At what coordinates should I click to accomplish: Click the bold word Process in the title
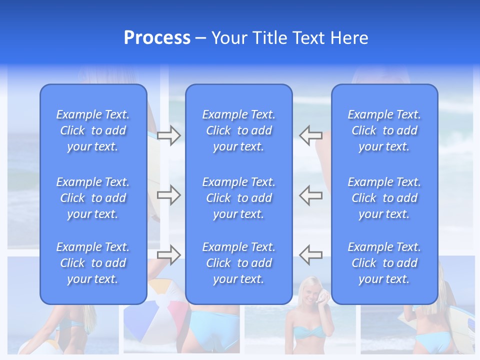[x=157, y=38]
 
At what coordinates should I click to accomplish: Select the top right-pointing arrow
[x=169, y=135]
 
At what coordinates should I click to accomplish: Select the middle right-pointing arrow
[x=169, y=194]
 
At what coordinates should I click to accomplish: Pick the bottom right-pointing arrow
[x=169, y=254]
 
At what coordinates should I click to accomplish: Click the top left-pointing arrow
[x=310, y=135]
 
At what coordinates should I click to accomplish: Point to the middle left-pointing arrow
[x=310, y=194]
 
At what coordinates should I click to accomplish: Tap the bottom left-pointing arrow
[x=310, y=254]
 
